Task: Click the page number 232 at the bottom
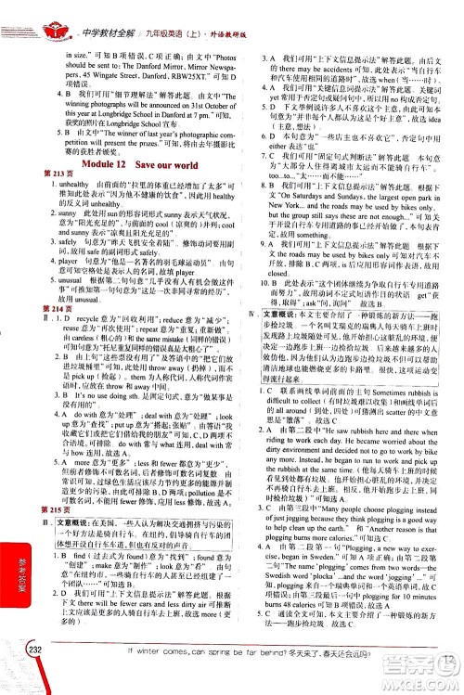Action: (x=39, y=675)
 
